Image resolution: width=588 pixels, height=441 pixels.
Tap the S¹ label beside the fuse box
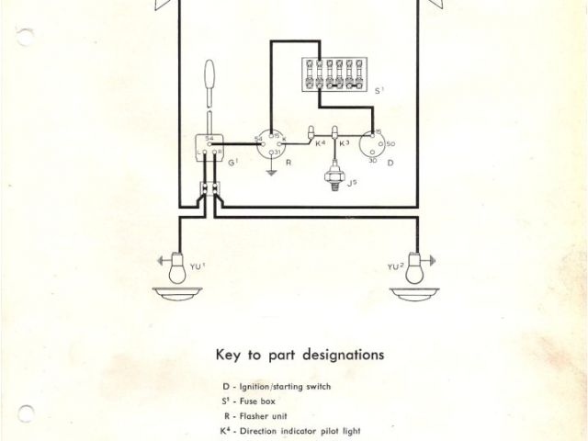tap(380, 91)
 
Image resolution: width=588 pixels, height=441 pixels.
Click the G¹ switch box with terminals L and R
tap(210, 146)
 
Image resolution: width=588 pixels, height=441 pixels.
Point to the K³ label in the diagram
tap(345, 144)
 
